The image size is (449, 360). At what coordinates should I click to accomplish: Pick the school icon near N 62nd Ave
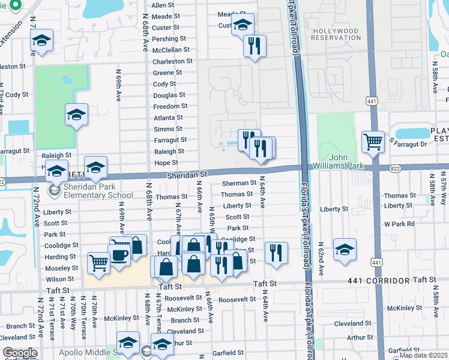click(345, 250)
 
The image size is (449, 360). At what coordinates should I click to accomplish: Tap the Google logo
click(20, 353)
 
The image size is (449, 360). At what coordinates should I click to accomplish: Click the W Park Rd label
click(400, 224)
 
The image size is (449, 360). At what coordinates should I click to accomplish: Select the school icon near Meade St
click(242, 25)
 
